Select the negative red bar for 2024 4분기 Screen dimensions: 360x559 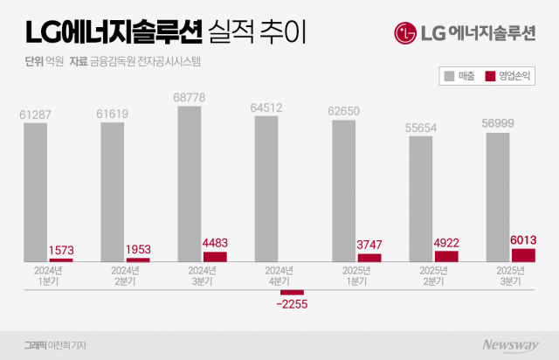coord(292,292)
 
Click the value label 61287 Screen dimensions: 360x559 coord(36,114)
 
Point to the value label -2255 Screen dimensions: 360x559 coord(291,305)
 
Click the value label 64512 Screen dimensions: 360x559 coord(267,107)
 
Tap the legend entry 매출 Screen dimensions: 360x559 coord(463,77)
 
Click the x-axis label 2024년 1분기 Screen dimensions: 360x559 coord(36,275)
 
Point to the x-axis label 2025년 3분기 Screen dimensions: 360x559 coord(498,275)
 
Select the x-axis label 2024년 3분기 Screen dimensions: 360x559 coord(190,275)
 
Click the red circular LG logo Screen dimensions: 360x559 coord(404,34)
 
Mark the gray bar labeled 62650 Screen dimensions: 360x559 coord(343,190)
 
